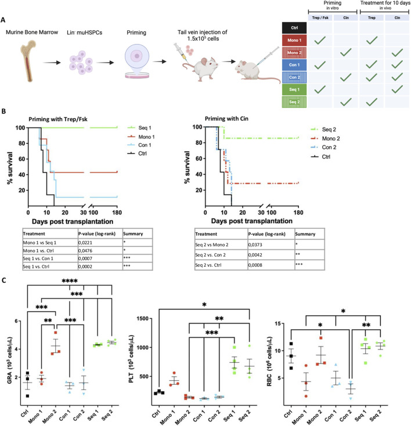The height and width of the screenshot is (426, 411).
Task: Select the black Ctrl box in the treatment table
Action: (294, 28)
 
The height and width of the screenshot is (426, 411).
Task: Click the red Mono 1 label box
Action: (294, 40)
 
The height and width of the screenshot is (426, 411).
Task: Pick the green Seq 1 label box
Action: (294, 89)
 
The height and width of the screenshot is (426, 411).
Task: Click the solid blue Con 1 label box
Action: (294, 65)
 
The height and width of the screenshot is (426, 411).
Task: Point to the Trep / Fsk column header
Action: (320, 17)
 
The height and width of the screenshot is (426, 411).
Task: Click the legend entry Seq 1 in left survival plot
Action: (139, 128)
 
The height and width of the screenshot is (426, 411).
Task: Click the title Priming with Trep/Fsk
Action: (58, 119)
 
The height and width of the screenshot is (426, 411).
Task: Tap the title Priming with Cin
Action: (226, 119)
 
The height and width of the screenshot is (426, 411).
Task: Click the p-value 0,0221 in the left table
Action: (85, 243)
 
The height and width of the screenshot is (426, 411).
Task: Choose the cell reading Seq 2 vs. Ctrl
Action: (208, 265)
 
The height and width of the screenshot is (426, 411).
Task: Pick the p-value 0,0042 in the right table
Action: (255, 255)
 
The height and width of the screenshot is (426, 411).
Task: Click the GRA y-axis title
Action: (10, 361)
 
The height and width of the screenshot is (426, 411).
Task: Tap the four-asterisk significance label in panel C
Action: (70, 281)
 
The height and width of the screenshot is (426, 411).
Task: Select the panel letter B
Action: (3, 111)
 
